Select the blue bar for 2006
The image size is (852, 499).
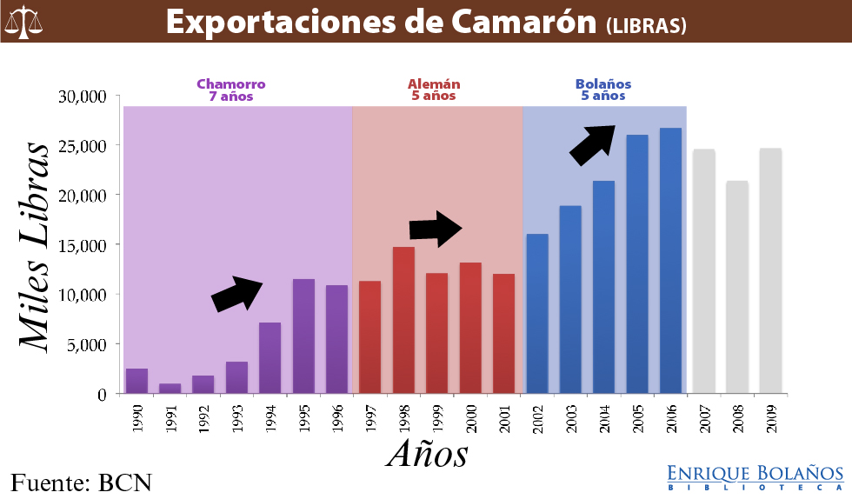[x=670, y=261]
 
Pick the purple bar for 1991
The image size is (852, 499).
[x=170, y=388]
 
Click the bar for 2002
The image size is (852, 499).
[x=537, y=313]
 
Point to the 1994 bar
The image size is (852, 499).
[x=270, y=357]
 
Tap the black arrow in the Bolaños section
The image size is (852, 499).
[x=593, y=143]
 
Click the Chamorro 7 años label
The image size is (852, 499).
[x=230, y=90]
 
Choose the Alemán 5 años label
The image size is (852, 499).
[x=434, y=90]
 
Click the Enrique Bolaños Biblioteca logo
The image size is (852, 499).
[x=755, y=477]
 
